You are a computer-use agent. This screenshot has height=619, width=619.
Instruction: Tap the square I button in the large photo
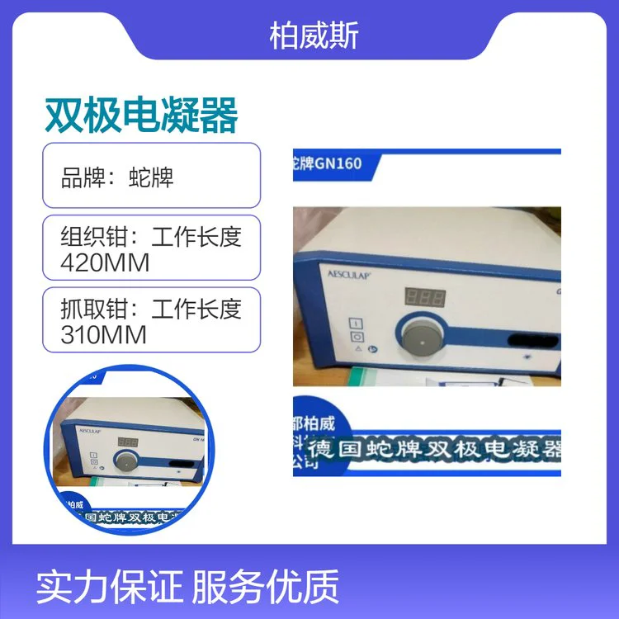pos(357,322)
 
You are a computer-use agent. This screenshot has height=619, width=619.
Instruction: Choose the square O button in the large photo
pos(357,338)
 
